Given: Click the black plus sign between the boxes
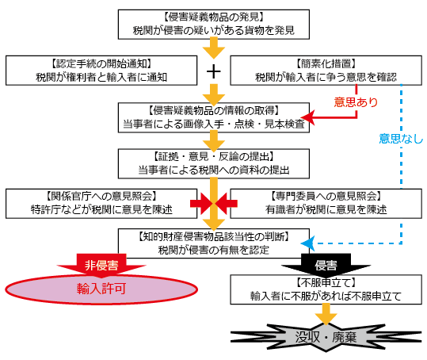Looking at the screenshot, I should (212, 71).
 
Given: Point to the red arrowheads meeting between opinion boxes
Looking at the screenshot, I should (212, 204).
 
